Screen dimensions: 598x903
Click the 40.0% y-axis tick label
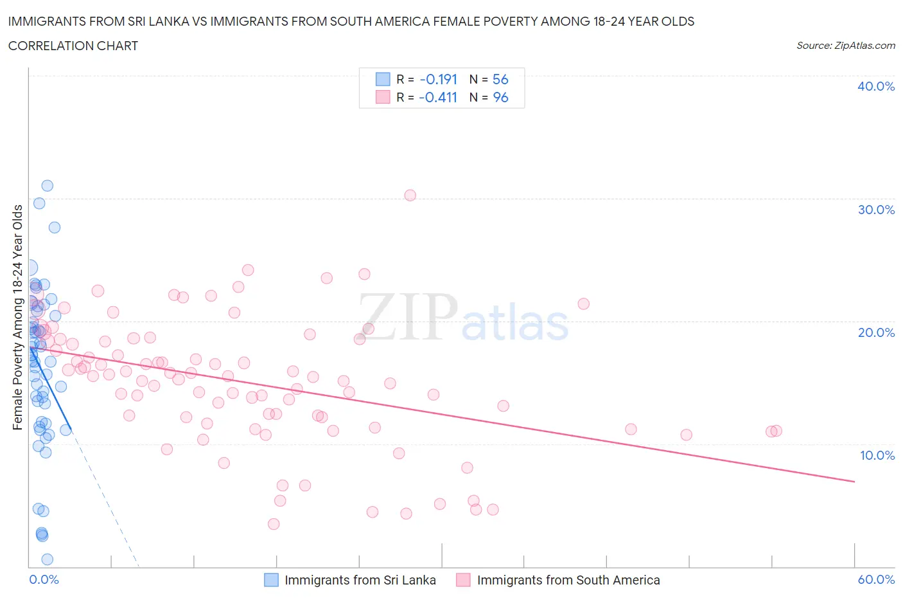(875, 86)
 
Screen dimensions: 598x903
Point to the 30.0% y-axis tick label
(875, 210)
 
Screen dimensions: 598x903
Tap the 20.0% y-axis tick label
(875, 332)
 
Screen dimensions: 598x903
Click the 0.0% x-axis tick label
(44, 579)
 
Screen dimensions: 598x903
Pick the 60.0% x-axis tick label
(876, 579)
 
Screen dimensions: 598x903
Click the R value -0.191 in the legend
(438, 79)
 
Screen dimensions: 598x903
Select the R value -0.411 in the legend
(438, 97)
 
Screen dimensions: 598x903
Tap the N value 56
(500, 79)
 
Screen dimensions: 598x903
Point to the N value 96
(500, 97)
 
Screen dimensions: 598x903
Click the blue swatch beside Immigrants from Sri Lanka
(272, 580)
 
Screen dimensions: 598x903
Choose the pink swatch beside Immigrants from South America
(463, 580)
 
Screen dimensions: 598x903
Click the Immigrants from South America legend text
(568, 580)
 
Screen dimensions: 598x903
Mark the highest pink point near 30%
(410, 195)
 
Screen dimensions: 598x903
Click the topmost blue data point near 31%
(47, 186)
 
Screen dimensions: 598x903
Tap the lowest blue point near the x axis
(47, 559)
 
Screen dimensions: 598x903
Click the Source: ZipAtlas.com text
(845, 46)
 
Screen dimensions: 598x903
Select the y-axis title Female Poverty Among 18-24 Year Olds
(18, 317)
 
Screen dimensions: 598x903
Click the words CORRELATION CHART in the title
(73, 46)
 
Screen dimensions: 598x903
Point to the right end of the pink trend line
(854, 481)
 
